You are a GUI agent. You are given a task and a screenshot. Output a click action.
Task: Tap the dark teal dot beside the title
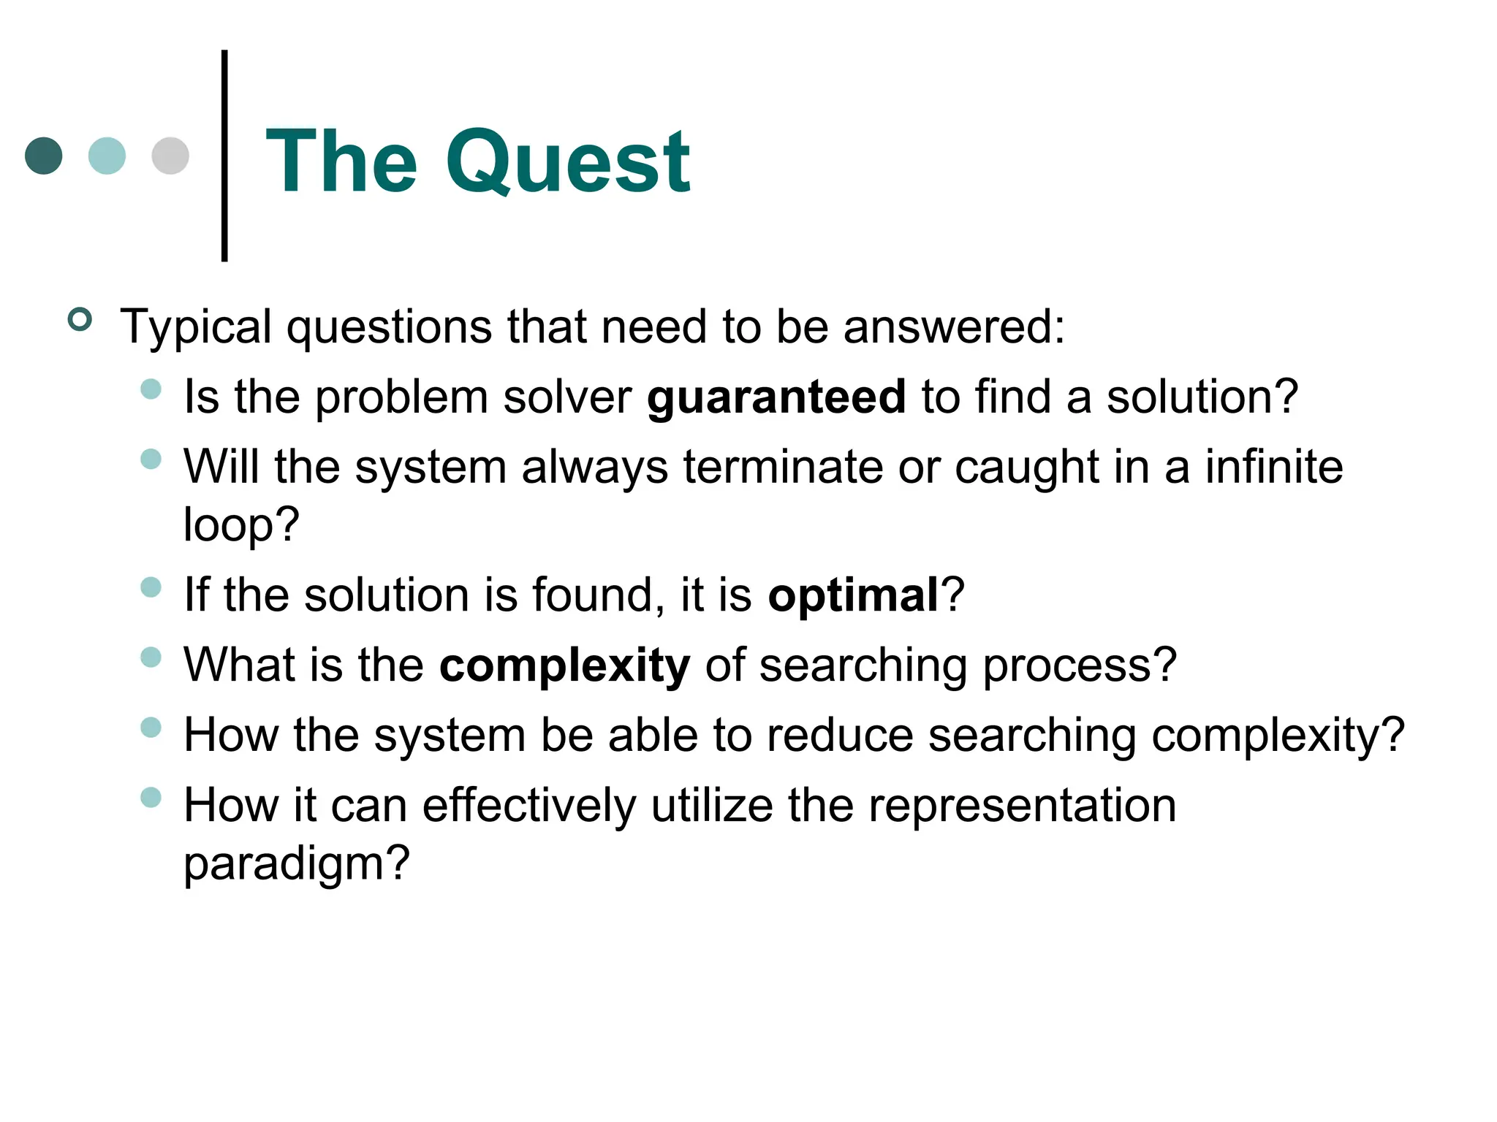click(44, 156)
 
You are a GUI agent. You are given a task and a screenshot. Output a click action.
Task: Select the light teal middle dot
click(107, 156)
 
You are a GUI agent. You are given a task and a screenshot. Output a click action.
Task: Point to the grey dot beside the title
click(170, 156)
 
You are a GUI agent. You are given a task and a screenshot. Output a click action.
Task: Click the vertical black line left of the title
click(224, 156)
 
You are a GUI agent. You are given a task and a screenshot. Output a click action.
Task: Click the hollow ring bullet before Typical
click(80, 320)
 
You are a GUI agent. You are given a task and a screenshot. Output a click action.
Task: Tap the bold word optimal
click(853, 595)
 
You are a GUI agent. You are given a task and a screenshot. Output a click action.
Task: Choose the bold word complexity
click(564, 665)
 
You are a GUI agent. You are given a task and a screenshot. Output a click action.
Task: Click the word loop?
click(241, 524)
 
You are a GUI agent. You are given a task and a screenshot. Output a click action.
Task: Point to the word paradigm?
click(296, 863)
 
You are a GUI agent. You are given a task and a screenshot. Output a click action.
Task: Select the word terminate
click(783, 467)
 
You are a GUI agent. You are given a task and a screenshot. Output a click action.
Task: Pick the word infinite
click(1273, 467)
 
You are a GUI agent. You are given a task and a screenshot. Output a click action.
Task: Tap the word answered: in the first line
click(954, 327)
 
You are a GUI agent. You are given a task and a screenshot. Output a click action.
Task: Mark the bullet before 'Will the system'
click(151, 459)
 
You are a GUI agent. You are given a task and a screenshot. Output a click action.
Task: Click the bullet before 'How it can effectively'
click(151, 797)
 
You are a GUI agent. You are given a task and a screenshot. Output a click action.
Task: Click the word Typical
click(196, 327)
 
